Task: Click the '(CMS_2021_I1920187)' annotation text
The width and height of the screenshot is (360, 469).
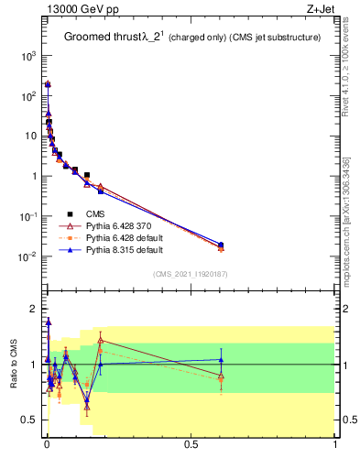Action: point(190,273)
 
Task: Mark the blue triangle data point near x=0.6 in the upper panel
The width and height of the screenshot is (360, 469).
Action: point(221,245)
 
